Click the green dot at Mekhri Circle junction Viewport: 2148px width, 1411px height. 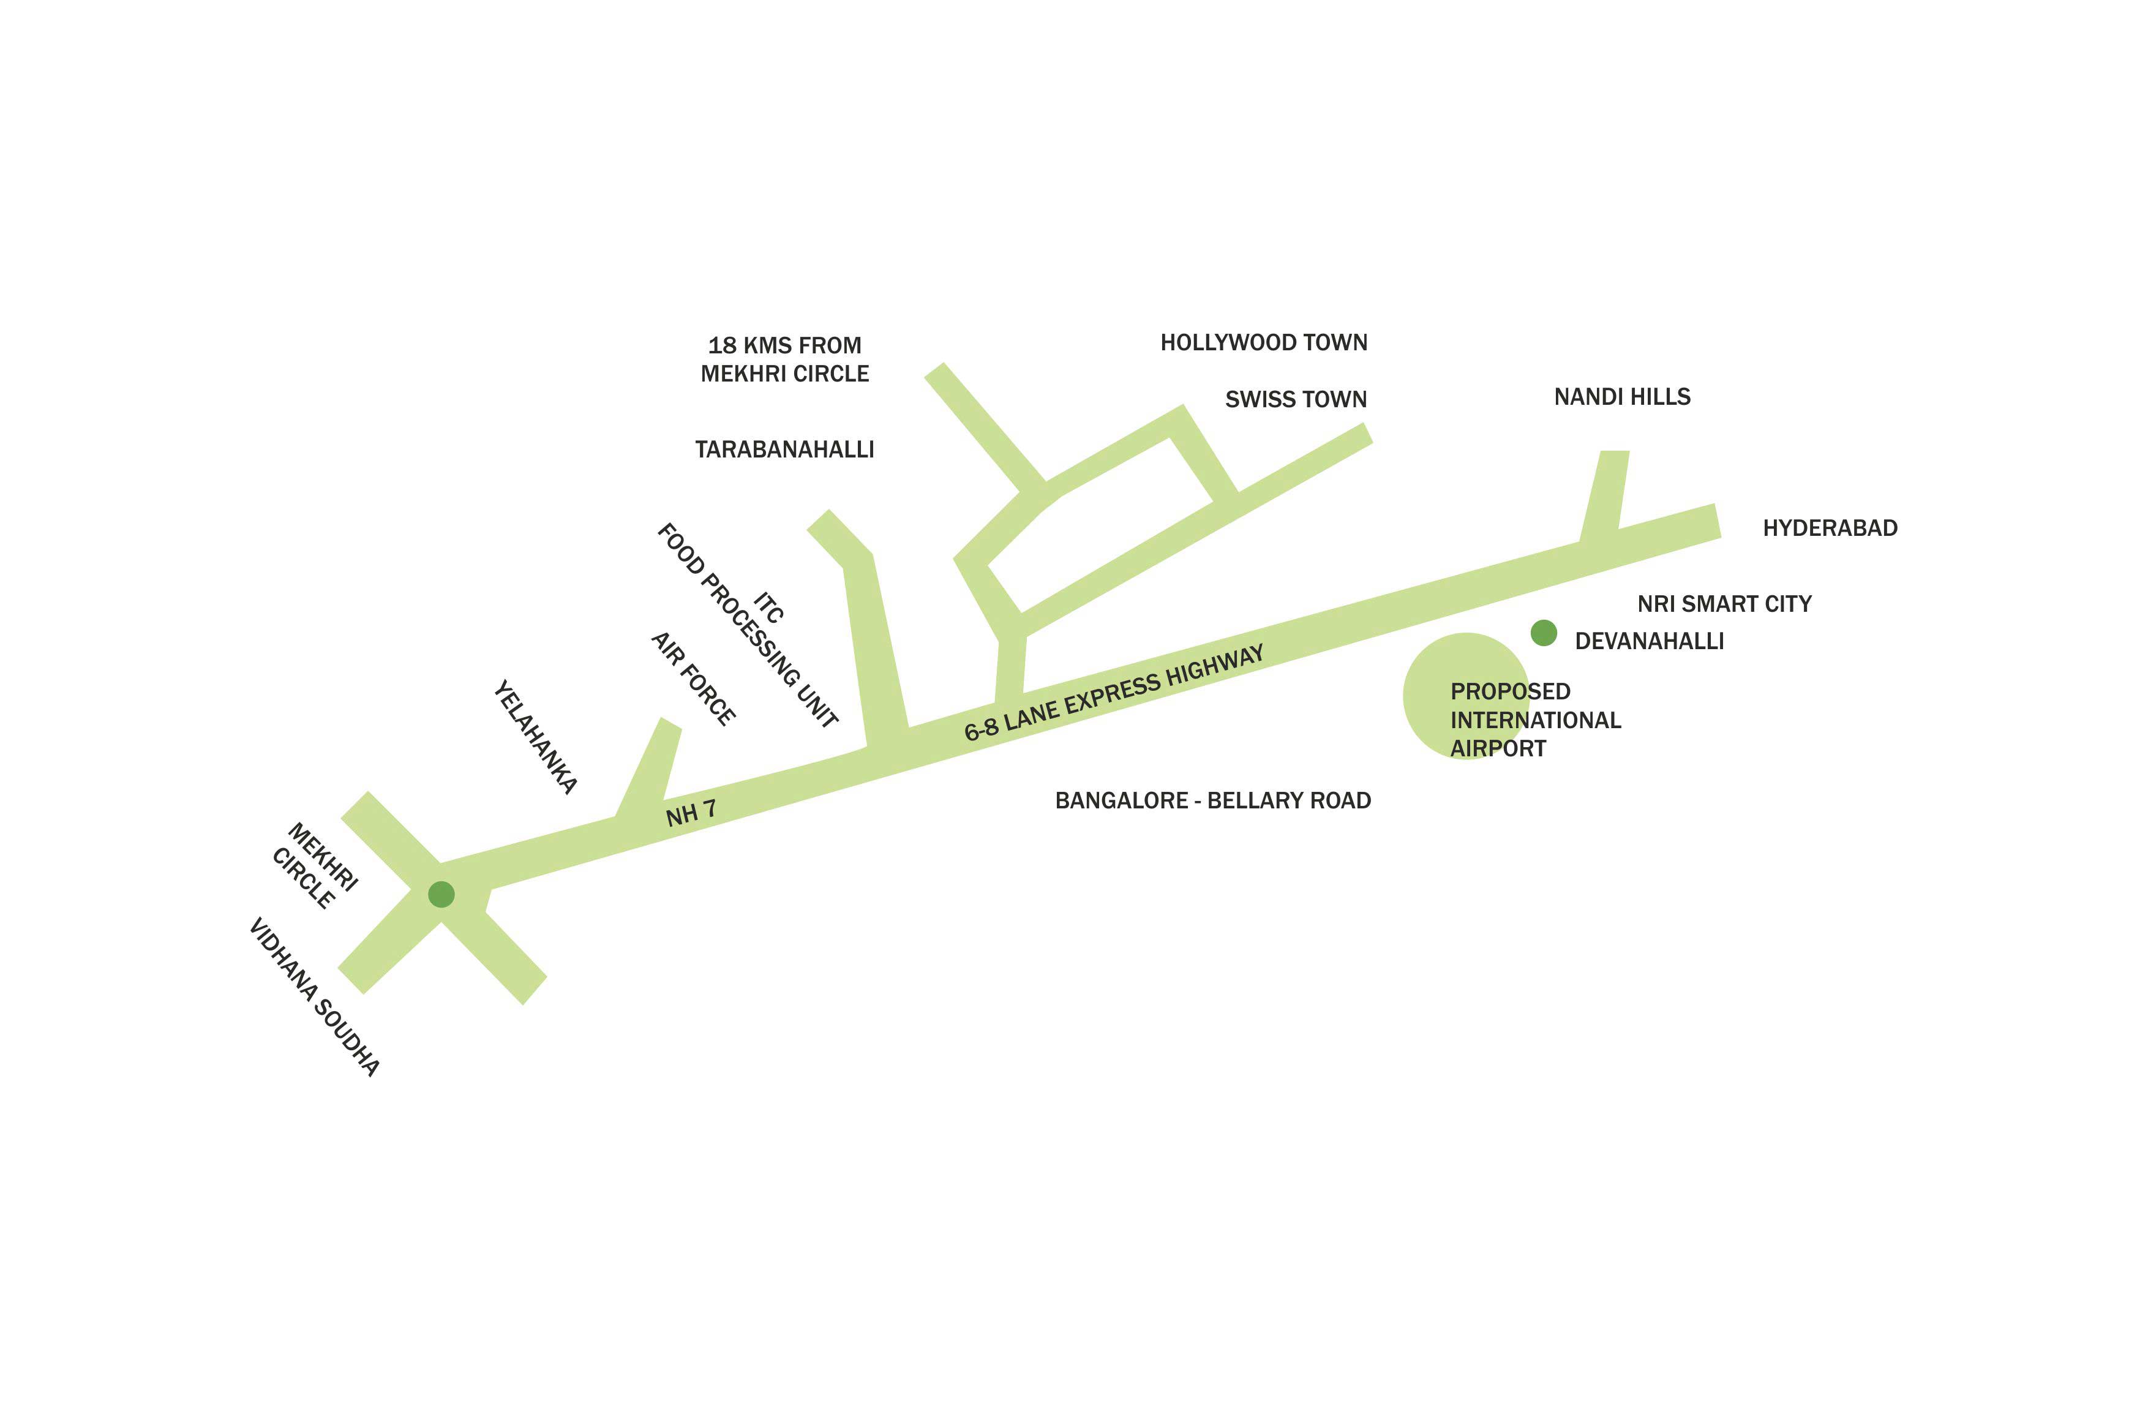(441, 895)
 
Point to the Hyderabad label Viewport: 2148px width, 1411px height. (1830, 528)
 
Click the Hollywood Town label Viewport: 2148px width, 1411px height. (1264, 343)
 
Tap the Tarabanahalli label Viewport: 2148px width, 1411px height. (784, 450)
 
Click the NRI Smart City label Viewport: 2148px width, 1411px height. (1724, 604)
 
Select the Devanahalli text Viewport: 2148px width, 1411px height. (1649, 642)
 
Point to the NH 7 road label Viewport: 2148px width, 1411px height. (691, 813)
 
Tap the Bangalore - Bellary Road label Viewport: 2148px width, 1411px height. (1212, 801)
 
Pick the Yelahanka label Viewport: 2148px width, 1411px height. (535, 737)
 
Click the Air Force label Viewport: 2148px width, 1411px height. (693, 679)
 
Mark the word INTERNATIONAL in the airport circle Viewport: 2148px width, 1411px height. (1535, 720)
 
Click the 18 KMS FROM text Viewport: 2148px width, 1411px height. (784, 346)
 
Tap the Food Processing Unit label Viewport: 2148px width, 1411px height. (747, 625)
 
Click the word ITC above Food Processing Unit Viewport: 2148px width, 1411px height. (769, 607)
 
